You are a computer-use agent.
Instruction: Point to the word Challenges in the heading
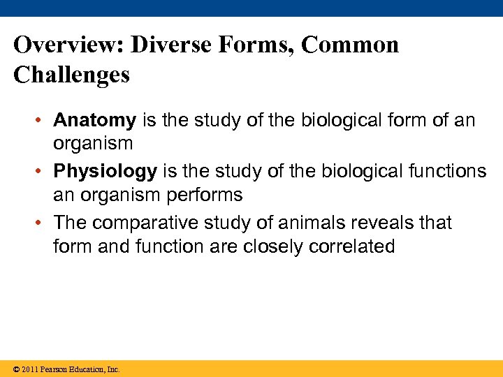point(71,75)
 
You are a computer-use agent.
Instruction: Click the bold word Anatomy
point(94,121)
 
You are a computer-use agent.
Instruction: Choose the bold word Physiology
point(105,172)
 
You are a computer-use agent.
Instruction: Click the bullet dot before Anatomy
point(43,121)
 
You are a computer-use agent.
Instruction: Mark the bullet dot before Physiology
point(43,172)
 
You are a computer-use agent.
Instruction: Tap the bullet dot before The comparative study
point(43,223)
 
